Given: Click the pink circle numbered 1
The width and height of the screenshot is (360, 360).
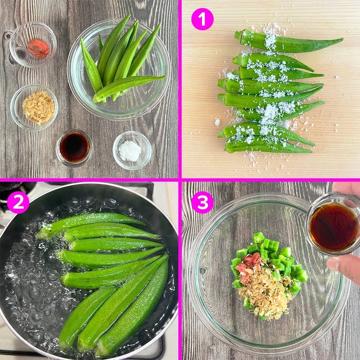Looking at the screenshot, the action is coord(202,19).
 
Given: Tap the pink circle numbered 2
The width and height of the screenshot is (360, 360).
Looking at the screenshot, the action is coord(18,202).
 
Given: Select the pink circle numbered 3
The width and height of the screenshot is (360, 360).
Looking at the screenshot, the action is coord(202,202).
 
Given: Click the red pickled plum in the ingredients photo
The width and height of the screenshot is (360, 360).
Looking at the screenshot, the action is coord(39,48).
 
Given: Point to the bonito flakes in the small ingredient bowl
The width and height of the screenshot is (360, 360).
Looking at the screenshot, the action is coord(39,107).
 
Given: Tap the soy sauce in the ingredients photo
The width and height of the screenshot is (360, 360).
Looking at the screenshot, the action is coord(75,148).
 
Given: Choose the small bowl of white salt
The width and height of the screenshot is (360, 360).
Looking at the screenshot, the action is coord(132,150).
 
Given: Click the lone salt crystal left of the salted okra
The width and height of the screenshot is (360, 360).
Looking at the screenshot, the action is coord(217,122).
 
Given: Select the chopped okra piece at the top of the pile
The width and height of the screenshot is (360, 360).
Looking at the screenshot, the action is coord(259,238).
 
